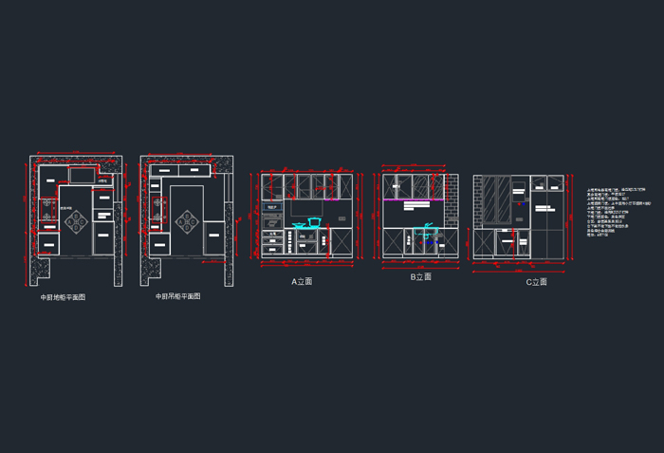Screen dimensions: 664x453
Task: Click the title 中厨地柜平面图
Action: (x=63, y=297)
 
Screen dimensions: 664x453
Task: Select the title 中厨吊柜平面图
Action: (x=177, y=296)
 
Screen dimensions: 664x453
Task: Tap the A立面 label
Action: (x=302, y=281)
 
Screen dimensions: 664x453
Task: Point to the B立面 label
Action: (x=420, y=277)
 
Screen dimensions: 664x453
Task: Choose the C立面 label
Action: (x=536, y=281)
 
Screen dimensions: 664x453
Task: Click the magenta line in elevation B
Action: (x=414, y=199)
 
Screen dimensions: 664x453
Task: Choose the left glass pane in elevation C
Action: (x=492, y=199)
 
